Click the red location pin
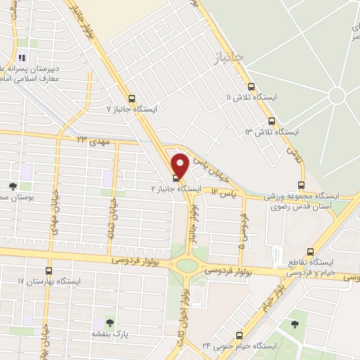179,165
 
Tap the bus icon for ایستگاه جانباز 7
131,98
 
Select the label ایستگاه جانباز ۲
176,189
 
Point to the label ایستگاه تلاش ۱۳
272,132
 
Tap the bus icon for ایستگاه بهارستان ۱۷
49,270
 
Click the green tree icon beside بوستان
13,186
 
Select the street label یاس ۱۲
222,191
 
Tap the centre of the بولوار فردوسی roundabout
188,266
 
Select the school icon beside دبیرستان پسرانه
22,58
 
